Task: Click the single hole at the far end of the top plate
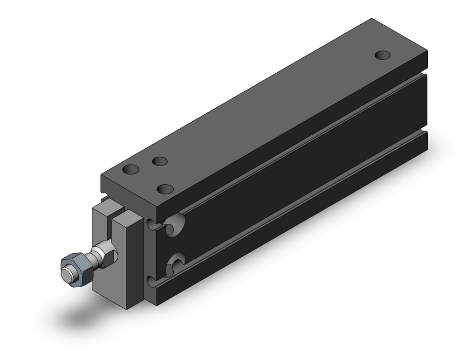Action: coord(383,55)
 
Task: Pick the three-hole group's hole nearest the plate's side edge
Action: coord(165,189)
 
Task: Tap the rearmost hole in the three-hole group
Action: coord(160,161)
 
